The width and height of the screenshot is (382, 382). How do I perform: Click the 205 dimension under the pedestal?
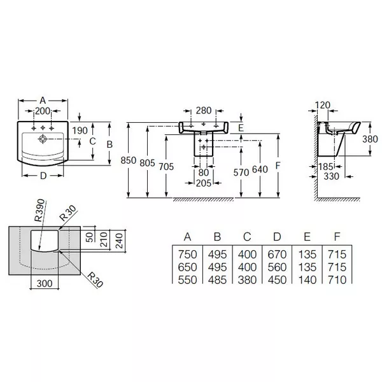[203, 183]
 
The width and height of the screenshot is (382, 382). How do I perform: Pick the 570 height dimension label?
[241, 171]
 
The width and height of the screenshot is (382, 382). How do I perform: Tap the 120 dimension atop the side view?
[325, 104]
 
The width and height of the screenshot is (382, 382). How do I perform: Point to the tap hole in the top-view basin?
[43, 136]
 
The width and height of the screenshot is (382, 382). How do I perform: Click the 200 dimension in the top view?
[43, 111]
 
